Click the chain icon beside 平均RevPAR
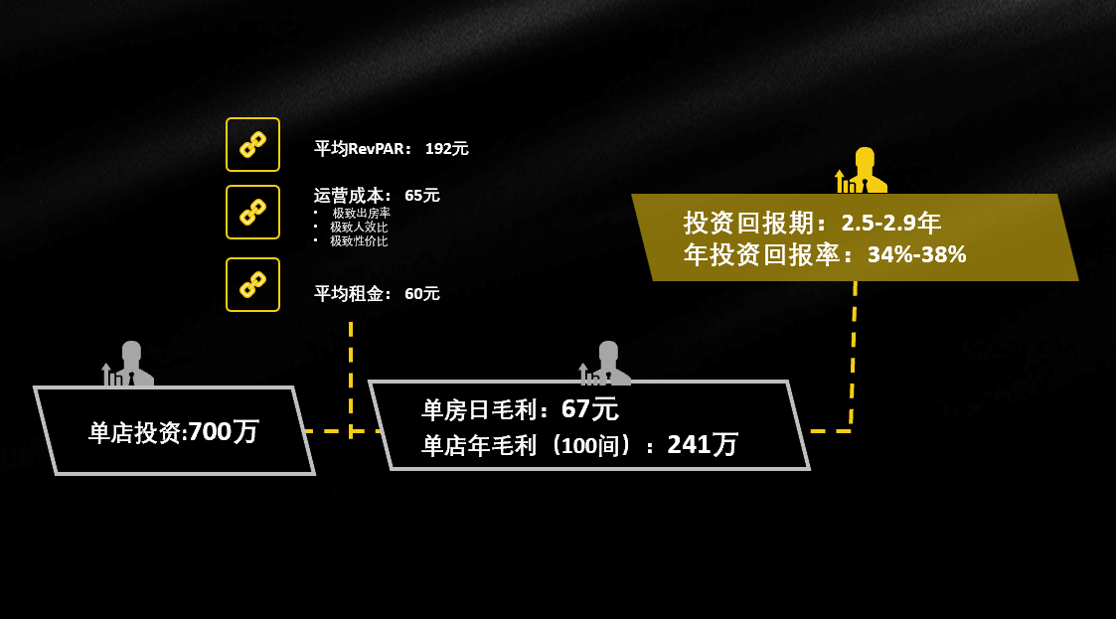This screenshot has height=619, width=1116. pyautogui.click(x=252, y=145)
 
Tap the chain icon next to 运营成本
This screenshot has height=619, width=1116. pyautogui.click(x=252, y=212)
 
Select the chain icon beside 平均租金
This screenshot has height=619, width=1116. pyautogui.click(x=252, y=285)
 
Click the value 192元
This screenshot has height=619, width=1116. pyautogui.click(x=446, y=149)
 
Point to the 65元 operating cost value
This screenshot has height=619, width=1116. pyautogui.click(x=421, y=196)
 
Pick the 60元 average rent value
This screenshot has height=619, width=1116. pyautogui.click(x=421, y=294)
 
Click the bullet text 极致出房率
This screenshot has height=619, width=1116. pyautogui.click(x=361, y=214)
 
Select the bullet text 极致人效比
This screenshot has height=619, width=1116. pyautogui.click(x=359, y=228)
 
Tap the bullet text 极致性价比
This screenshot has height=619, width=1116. pyautogui.click(x=359, y=241)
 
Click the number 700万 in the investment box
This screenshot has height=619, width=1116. pyautogui.click(x=224, y=432)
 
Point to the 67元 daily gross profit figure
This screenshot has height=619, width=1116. pyautogui.click(x=589, y=409)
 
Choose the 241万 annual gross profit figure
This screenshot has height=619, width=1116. pyautogui.click(x=702, y=444)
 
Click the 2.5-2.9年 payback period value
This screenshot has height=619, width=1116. pyautogui.click(x=890, y=223)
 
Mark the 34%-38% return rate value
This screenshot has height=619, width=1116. pyautogui.click(x=916, y=254)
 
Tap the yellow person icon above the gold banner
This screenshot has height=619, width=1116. pyautogui.click(x=863, y=171)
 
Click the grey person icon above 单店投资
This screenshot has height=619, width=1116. pyautogui.click(x=129, y=364)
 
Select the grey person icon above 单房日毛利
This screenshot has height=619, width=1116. pyautogui.click(x=606, y=364)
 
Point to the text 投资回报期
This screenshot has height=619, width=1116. pyautogui.click(x=754, y=223)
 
